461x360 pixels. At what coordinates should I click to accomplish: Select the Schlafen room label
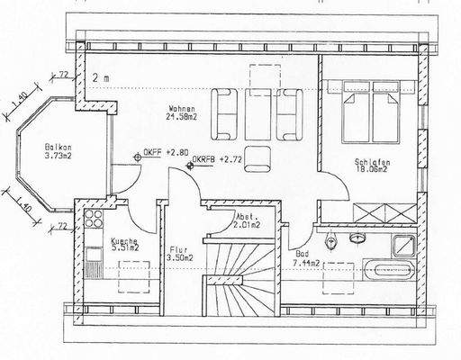click(370, 160)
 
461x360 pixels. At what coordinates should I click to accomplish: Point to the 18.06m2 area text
click(370, 168)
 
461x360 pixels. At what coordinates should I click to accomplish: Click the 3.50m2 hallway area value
click(180, 259)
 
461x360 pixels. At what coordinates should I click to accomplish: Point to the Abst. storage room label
click(248, 218)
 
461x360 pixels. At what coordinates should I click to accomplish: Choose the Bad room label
click(301, 254)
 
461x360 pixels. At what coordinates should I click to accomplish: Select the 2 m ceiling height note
click(100, 79)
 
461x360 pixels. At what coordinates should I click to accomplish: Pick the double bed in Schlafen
click(372, 108)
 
